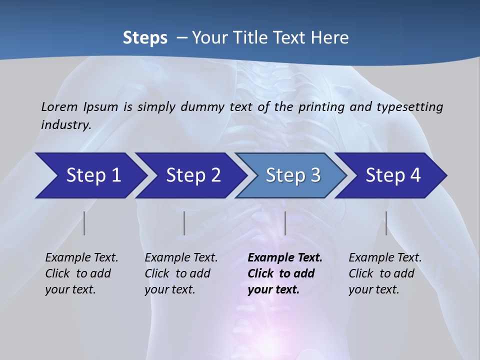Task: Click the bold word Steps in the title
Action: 145,38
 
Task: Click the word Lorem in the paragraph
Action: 59,106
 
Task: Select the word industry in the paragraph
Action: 65,124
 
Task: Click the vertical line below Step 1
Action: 84,223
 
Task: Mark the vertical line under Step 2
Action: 184,223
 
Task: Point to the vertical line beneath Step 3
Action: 285,223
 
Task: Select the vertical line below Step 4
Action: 386,223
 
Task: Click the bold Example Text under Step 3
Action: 285,257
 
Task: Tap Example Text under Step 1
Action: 81,257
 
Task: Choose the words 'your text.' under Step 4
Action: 373,289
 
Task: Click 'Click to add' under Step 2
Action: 177,273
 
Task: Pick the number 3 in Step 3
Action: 315,175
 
